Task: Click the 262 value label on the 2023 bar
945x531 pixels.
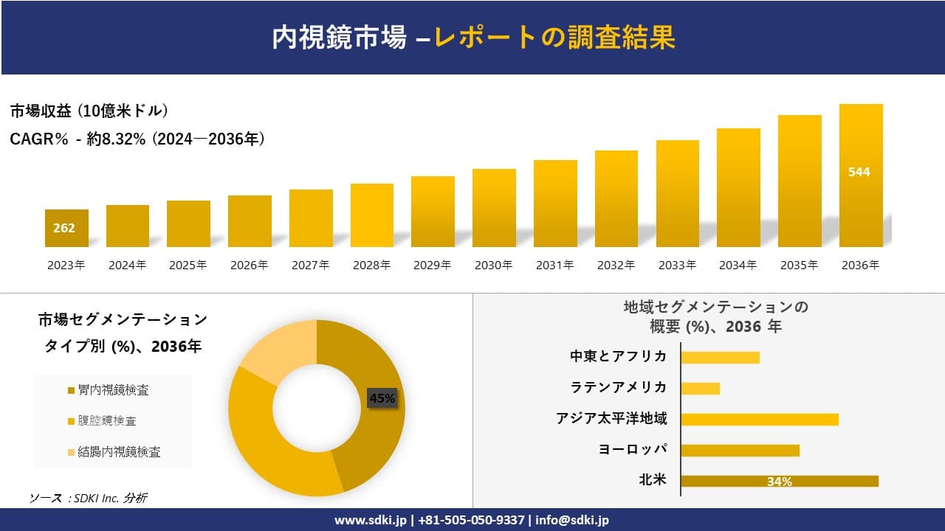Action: (64, 228)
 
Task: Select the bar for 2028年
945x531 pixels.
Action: (372, 215)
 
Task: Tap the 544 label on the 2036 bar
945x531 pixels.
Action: (859, 172)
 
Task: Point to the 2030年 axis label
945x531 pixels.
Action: (493, 265)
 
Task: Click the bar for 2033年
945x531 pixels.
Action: (677, 193)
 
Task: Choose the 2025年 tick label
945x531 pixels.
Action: (188, 265)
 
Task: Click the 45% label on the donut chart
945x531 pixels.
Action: (382, 398)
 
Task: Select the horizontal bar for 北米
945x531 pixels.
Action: (779, 481)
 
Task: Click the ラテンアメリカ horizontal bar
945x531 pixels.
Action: (700, 388)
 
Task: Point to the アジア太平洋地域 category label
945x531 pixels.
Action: (611, 419)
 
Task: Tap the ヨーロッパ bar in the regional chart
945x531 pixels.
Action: (740, 450)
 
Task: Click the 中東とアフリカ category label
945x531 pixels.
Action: (618, 356)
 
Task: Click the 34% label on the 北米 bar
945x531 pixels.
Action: (779, 482)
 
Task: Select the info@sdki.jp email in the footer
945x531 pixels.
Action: (572, 520)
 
